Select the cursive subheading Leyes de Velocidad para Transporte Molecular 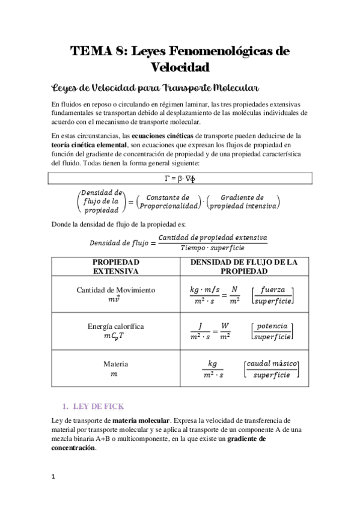pos(156,87)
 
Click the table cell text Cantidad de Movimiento pos(115,289)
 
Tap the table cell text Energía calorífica pos(115,327)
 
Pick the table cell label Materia pos(115,364)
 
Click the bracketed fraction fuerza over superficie pos(271,294)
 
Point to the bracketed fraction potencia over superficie pos(271,331)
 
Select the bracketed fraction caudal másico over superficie pos(271,369)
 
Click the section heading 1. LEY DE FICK pos(94,407)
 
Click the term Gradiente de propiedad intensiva pos(242,201)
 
